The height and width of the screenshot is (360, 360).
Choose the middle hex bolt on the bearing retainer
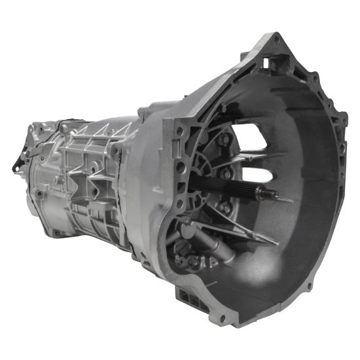[226, 174]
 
